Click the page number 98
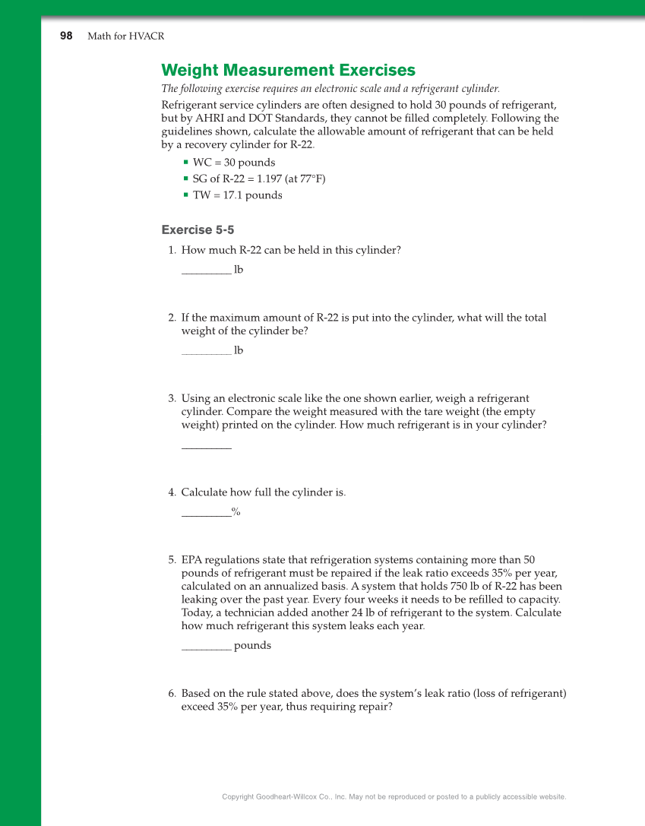click(66, 36)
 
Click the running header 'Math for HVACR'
click(125, 36)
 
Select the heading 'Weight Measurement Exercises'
click(288, 71)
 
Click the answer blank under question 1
click(206, 271)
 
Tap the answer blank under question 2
click(206, 351)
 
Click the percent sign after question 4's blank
click(236, 512)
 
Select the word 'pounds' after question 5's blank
click(252, 646)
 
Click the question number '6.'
click(172, 694)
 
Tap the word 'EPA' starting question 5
click(192, 560)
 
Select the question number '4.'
click(172, 492)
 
